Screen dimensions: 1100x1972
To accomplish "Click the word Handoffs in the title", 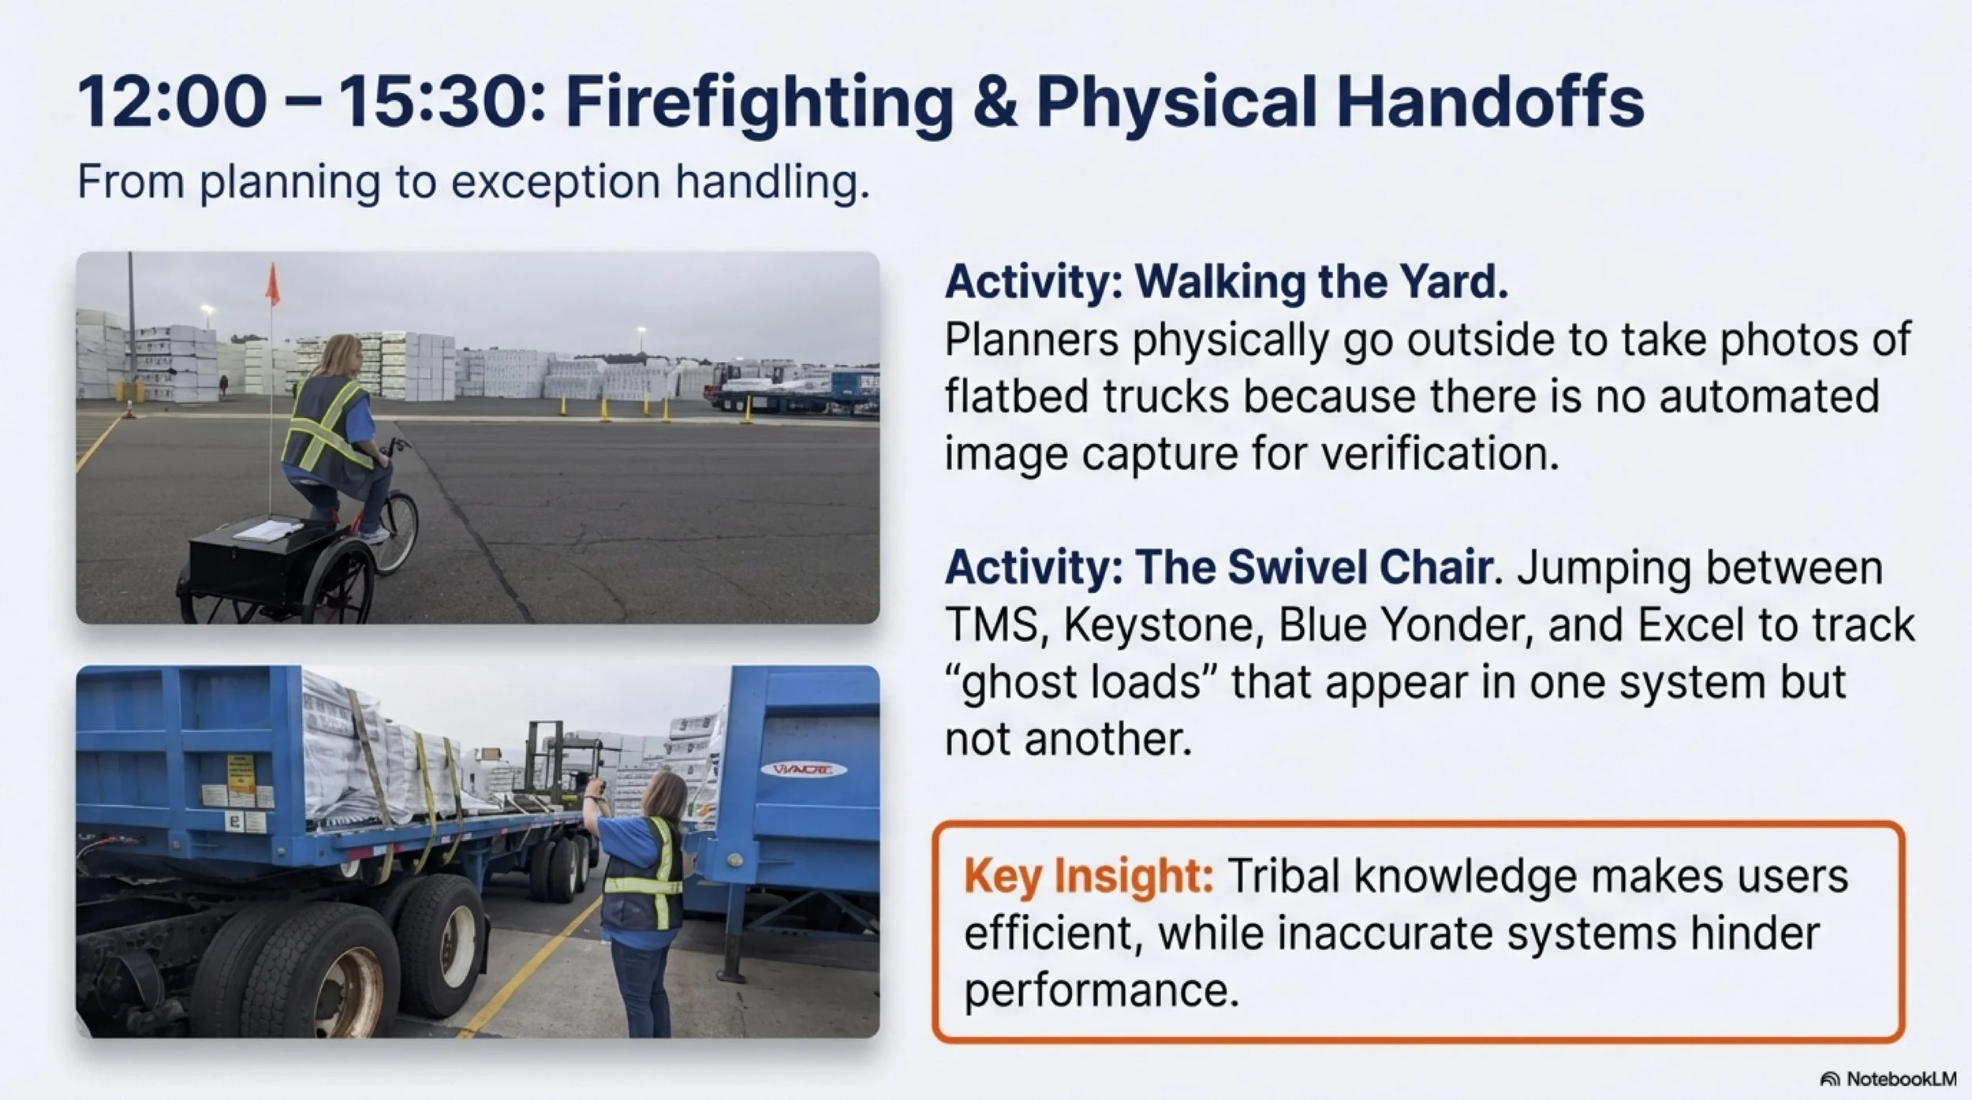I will [x=1490, y=103].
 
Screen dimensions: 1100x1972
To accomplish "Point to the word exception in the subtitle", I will [x=555, y=182].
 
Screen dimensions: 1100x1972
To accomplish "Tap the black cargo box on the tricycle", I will [x=245, y=555].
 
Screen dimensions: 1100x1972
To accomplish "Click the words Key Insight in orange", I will [x=1089, y=876].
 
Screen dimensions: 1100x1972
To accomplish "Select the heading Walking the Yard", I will [x=1321, y=282].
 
